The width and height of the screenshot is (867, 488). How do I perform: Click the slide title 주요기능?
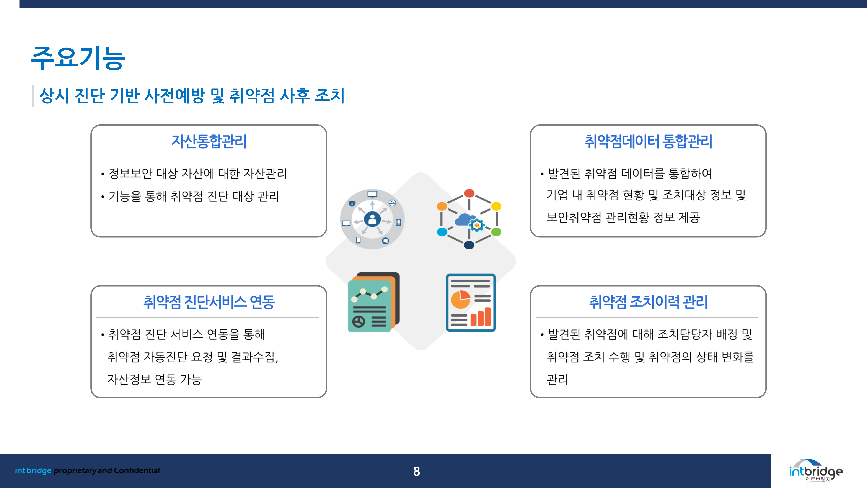click(78, 58)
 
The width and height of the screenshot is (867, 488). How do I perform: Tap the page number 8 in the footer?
click(416, 471)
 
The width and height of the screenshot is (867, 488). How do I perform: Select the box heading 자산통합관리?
click(209, 141)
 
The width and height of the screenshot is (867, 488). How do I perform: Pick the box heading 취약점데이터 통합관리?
click(648, 141)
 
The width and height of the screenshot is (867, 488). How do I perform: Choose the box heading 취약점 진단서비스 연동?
click(209, 302)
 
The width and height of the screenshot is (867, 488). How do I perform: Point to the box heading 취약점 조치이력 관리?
click(648, 302)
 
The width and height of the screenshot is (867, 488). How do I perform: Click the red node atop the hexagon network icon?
click(469, 193)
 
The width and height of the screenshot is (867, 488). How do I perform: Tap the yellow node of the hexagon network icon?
click(496, 206)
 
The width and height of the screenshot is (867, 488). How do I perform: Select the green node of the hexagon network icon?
click(496, 232)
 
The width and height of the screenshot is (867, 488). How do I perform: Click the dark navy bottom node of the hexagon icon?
click(469, 245)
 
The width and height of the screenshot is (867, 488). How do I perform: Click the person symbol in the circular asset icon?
click(372, 219)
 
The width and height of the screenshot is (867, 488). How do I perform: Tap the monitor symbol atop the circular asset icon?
click(372, 194)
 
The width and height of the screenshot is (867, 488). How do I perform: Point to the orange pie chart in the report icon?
click(460, 299)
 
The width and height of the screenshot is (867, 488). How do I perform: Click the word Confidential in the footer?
click(137, 470)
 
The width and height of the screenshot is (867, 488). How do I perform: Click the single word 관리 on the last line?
click(557, 380)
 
